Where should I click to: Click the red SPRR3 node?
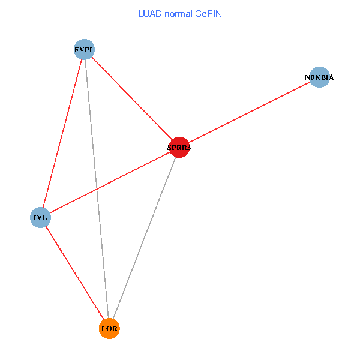(x=179, y=147)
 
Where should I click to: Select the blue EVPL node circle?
(x=85, y=49)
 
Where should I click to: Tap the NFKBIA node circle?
(x=319, y=77)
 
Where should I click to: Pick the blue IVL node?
(x=40, y=217)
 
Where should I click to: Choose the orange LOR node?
(x=109, y=328)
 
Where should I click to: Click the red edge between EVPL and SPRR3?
(x=132, y=98)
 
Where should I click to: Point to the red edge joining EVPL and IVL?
(x=62, y=133)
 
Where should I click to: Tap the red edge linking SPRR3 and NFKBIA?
(x=249, y=112)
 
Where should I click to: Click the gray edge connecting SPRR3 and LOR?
(x=144, y=238)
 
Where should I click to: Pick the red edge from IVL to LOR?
(x=74, y=272)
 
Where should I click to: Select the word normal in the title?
(x=178, y=13)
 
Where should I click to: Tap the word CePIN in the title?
(x=208, y=13)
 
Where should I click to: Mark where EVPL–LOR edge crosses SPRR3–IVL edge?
(x=96, y=189)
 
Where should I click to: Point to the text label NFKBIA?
(x=319, y=77)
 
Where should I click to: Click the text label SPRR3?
(x=179, y=147)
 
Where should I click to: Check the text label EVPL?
(x=85, y=49)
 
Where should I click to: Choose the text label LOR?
(x=109, y=329)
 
